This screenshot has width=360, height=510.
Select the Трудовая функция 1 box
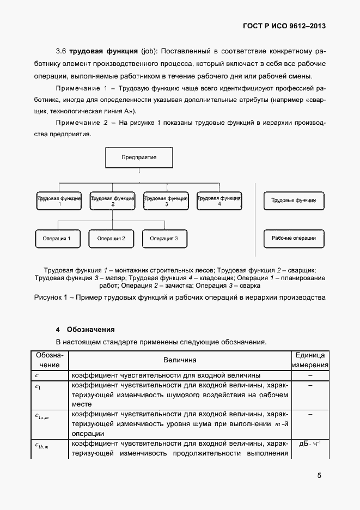[59, 200]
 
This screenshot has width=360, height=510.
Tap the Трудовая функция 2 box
[112, 200]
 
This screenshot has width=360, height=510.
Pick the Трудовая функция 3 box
[166, 200]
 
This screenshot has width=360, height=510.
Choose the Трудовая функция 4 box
[219, 200]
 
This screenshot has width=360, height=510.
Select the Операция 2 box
[111, 238]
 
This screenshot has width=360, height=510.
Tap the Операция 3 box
[164, 238]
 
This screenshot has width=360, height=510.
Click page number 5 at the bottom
[319, 475]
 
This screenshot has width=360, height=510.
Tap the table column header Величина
[180, 360]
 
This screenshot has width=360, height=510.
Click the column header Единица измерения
[310, 360]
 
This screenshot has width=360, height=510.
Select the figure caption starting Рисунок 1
[180, 297]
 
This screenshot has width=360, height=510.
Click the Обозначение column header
[50, 360]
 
